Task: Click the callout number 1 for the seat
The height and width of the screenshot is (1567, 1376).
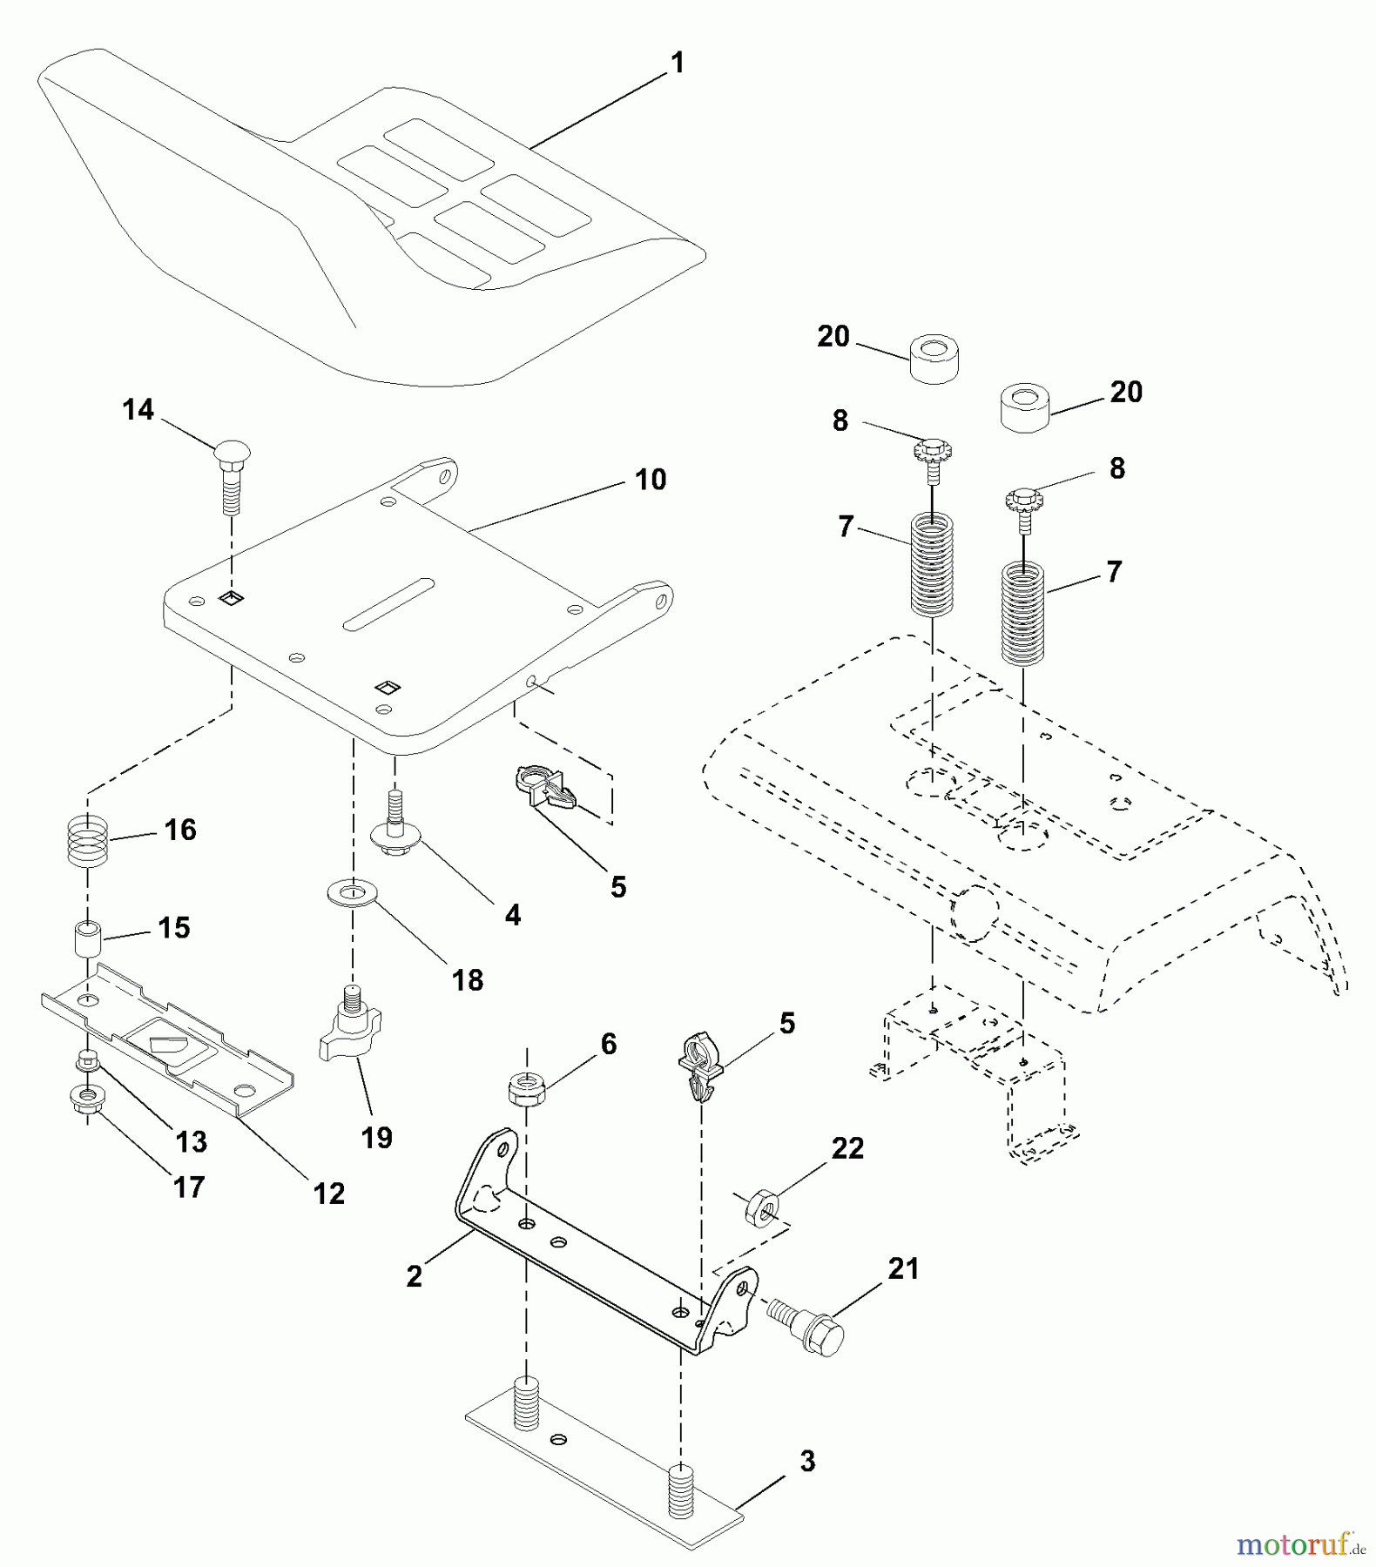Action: coord(678,64)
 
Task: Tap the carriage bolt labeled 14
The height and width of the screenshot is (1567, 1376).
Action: coord(230,470)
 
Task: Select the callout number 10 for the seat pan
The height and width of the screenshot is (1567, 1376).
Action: coord(651,480)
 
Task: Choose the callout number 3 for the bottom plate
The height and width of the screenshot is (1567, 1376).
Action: coord(807,1462)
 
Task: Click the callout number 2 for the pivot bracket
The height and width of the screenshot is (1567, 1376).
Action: coord(415,1276)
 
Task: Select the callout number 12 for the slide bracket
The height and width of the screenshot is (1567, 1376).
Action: coord(329,1194)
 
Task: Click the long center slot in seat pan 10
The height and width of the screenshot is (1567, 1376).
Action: coord(389,603)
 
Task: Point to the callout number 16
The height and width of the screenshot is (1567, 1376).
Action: coord(180,831)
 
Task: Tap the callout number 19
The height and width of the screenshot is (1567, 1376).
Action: coord(376,1137)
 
